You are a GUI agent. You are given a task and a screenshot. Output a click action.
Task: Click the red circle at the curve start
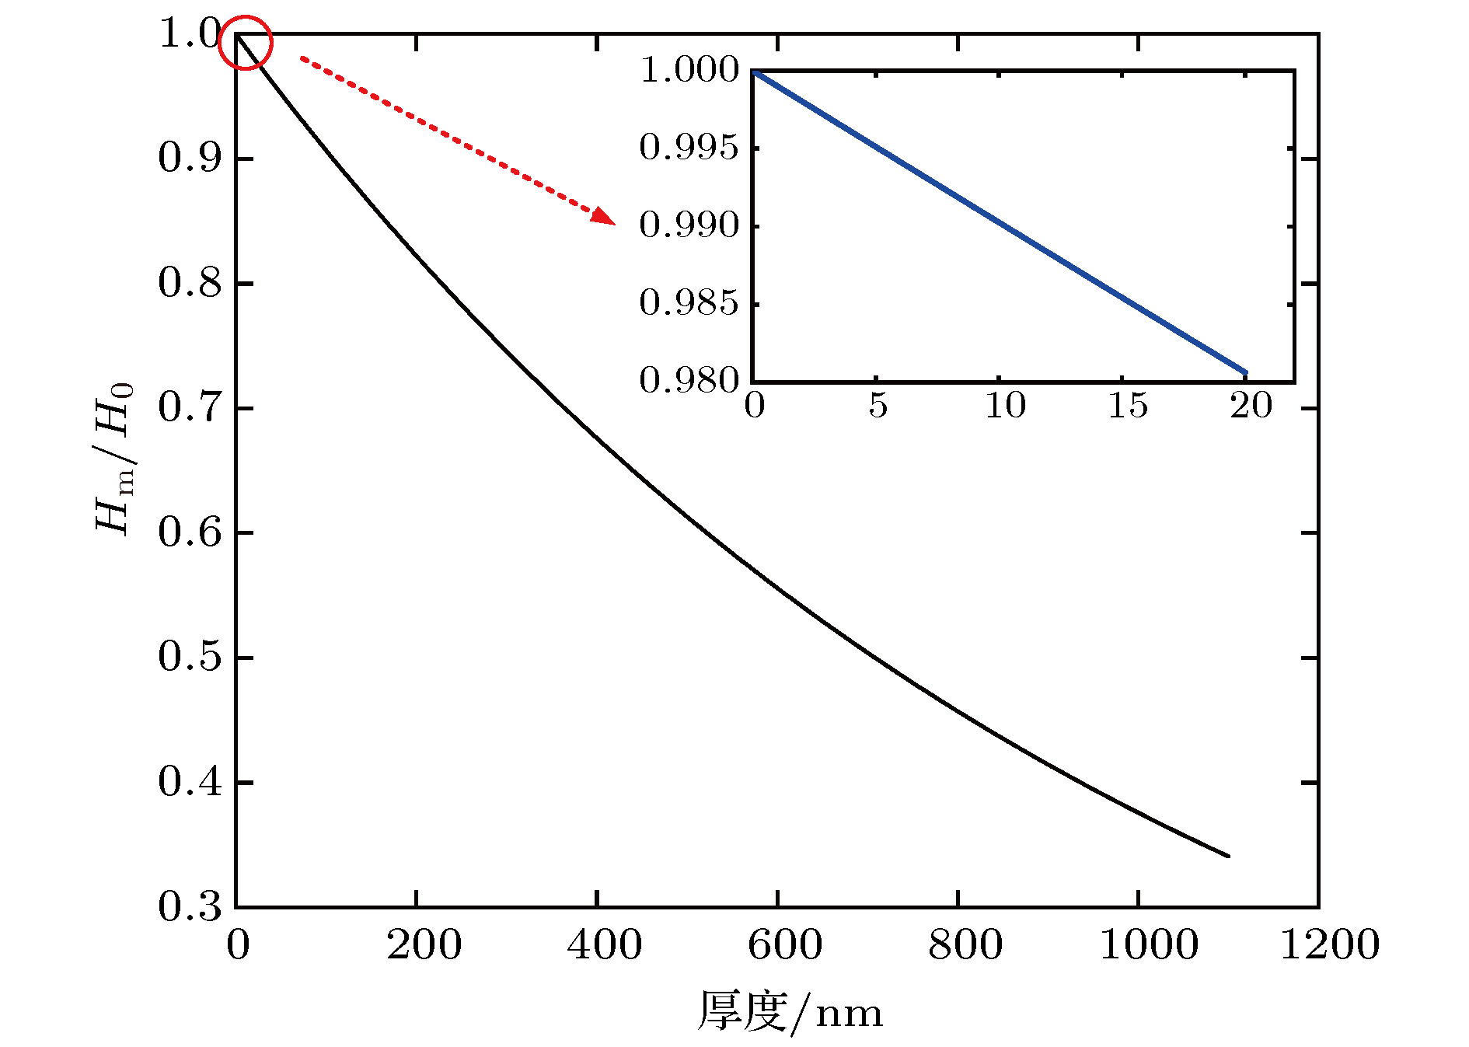pos(246,42)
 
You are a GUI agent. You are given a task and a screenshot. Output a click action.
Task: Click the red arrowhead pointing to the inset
pos(604,216)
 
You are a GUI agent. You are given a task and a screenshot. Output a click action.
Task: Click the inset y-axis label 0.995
pos(689,147)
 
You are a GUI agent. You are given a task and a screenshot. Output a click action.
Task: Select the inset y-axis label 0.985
pos(689,302)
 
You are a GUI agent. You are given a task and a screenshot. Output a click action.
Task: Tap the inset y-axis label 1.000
pos(689,69)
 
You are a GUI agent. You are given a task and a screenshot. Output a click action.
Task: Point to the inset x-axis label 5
pos(878,406)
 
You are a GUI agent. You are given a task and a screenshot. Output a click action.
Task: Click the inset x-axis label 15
pos(1128,406)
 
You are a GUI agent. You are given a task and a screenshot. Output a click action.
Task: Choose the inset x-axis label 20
pos(1251,406)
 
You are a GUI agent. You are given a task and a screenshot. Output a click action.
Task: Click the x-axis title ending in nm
pos(790,1012)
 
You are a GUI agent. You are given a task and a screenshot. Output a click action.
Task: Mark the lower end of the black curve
pos(1228,856)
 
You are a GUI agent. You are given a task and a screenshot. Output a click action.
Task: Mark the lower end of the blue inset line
pos(1245,372)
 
